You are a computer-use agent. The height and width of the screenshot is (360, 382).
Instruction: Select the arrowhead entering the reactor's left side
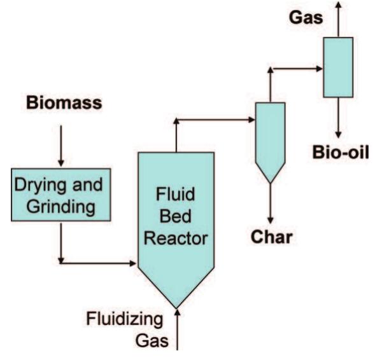point(133,261)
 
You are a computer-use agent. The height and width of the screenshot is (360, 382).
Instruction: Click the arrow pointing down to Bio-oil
point(338,118)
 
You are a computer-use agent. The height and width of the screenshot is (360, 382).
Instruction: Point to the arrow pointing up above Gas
point(338,16)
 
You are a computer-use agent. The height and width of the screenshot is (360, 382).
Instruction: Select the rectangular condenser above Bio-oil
point(338,67)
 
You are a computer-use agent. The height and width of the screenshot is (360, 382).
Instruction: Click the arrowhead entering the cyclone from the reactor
point(250,119)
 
